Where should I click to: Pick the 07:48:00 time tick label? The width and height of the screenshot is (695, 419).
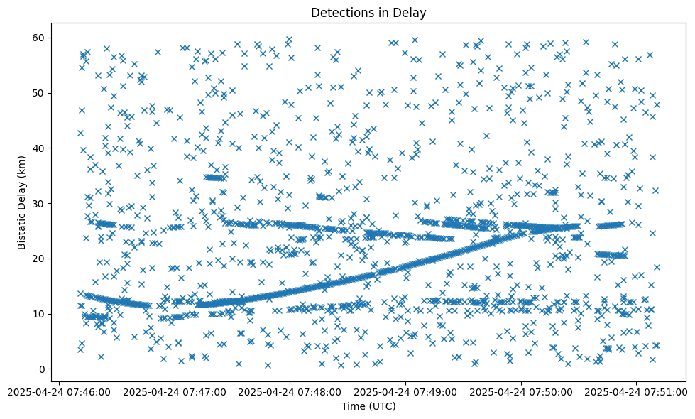290,391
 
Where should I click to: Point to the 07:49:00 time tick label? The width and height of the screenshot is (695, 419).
406,391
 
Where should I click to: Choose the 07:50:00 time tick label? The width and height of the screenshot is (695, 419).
522,391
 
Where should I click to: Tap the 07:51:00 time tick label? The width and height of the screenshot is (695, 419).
637,391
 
